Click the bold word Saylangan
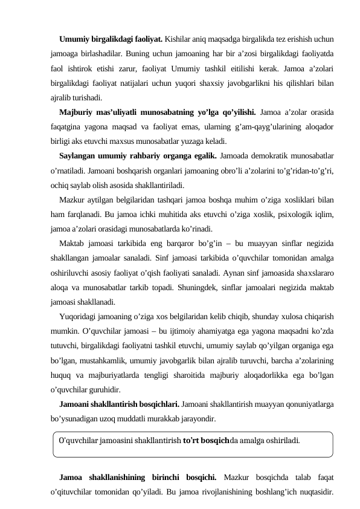pos(78,157)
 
